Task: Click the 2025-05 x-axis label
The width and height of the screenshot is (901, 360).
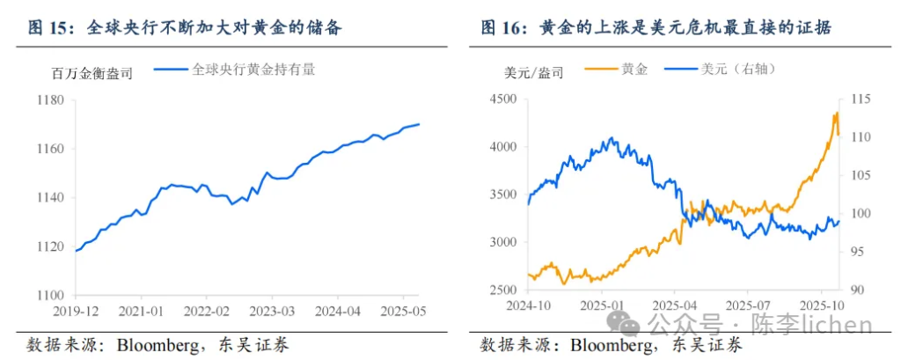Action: click(402, 312)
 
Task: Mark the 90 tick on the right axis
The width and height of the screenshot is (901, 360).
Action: click(853, 290)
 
